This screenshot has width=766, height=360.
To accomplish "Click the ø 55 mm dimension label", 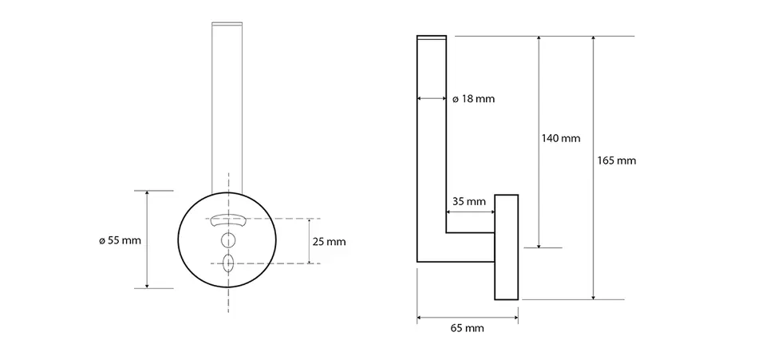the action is [x=120, y=240].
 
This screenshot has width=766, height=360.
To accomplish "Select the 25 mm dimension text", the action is [x=330, y=241].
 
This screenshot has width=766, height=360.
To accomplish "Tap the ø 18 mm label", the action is [x=473, y=99].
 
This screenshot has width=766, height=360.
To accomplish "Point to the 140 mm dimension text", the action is [x=561, y=138].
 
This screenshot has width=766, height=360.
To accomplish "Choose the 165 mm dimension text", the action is [x=617, y=160].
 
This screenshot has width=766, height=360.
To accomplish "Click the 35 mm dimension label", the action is [x=469, y=201].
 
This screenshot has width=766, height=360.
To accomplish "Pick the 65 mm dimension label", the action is [x=467, y=328].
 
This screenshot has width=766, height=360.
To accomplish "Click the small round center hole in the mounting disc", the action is [x=228, y=240].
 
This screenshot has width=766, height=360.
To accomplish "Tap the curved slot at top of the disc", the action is [x=228, y=220].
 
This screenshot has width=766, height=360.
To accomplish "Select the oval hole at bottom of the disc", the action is [x=228, y=263].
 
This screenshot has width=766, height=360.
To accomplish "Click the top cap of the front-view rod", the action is [x=227, y=23].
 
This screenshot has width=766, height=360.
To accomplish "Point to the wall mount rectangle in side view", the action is [x=507, y=247].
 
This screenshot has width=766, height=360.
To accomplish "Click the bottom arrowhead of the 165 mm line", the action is [x=594, y=296].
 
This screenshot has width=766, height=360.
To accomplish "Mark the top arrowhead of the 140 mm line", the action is [x=539, y=39].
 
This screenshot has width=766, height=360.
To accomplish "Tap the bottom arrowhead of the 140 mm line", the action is [x=539, y=244].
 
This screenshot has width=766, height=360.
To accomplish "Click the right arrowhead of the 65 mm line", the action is [x=515, y=318].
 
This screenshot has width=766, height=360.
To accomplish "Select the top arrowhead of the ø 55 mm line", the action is [x=147, y=194].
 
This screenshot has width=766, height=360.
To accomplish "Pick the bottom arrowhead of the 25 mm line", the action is [x=310, y=260].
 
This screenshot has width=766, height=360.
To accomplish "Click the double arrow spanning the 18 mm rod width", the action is [x=432, y=99].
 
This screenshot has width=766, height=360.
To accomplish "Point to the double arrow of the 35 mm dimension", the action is [x=471, y=212].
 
